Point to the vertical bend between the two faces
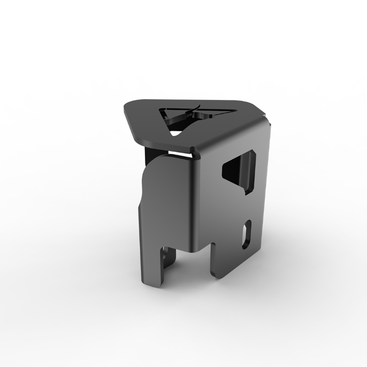click(x=193, y=198)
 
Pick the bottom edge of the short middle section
click(x=191, y=252)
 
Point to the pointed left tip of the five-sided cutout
click(x=223, y=168)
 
